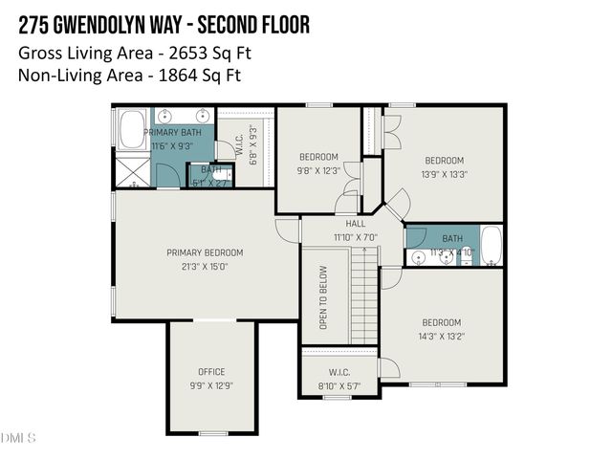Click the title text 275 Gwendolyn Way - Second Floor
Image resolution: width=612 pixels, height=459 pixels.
(164, 24)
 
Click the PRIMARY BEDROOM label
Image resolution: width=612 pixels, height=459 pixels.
(205, 252)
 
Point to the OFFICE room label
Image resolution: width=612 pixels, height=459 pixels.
(211, 372)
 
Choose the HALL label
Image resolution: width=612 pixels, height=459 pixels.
(356, 223)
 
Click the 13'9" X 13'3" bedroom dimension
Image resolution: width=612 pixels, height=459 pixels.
(444, 174)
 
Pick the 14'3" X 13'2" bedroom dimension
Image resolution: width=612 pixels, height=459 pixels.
(441, 337)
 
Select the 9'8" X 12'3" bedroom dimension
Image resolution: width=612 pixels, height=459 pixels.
(318, 170)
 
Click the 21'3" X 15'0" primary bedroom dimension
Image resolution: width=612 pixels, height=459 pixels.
(205, 267)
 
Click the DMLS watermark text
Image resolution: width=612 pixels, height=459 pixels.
(18, 438)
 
